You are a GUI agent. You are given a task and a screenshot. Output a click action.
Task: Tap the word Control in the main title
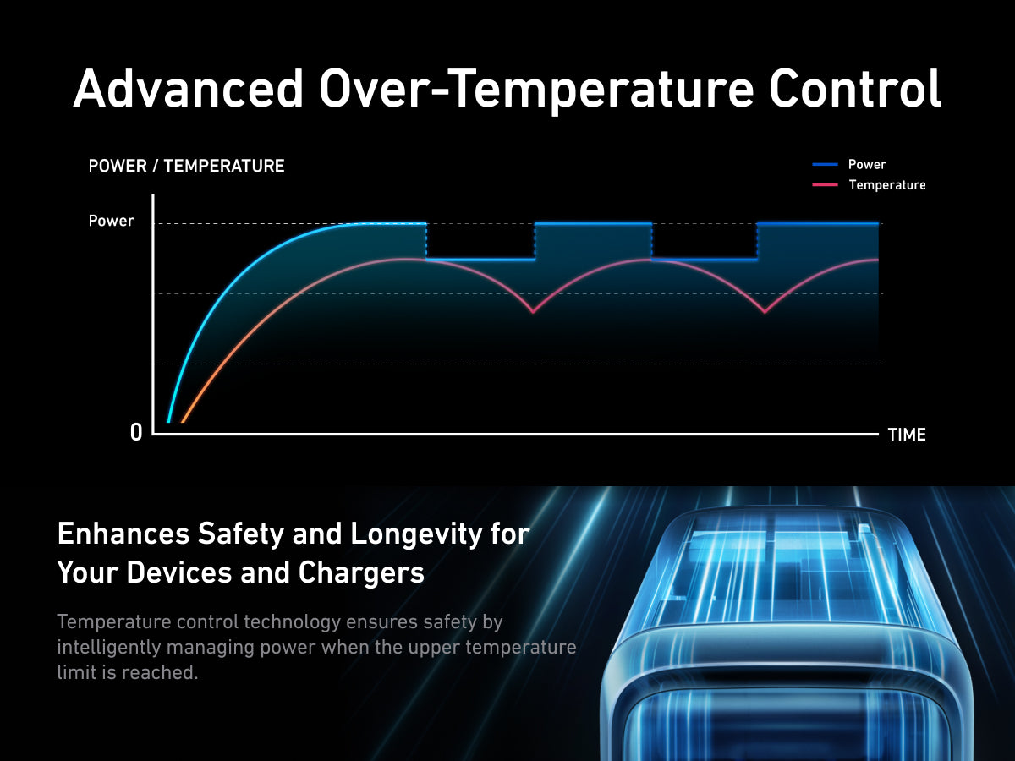coord(854,88)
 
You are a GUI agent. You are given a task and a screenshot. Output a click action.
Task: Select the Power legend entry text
coord(867,165)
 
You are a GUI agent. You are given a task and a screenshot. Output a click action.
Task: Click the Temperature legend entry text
coord(887,185)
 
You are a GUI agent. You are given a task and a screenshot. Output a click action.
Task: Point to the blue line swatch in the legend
coord(825,165)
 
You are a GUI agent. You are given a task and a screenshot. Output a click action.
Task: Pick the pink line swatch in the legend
coord(825,185)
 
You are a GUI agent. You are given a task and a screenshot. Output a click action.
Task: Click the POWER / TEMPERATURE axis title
coord(186,166)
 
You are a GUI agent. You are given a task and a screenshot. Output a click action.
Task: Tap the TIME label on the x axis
coord(907,435)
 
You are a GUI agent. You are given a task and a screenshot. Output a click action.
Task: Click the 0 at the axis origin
coord(136,433)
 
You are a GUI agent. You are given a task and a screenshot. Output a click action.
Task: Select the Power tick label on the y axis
coord(111,221)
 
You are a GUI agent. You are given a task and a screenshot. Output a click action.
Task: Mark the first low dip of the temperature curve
coord(533,312)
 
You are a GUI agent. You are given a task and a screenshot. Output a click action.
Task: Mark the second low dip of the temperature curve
coord(765,312)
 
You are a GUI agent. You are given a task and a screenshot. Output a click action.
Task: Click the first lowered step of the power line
coord(480,260)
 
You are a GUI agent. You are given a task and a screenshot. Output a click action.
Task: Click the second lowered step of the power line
coord(705,260)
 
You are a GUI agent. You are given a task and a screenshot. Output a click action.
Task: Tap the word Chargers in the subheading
coord(360,573)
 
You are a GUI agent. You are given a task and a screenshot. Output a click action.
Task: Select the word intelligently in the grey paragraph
coord(108,648)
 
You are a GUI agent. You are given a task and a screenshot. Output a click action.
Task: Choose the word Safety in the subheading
coord(241,535)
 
